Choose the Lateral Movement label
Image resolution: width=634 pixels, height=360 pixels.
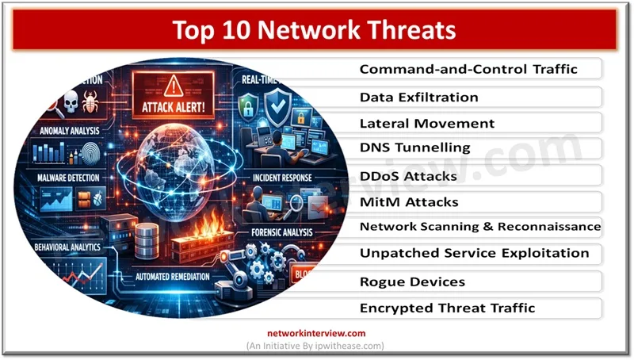426,123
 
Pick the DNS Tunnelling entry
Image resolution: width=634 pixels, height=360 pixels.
414,148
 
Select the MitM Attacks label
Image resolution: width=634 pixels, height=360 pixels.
410,201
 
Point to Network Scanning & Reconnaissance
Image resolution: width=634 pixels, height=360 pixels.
479,227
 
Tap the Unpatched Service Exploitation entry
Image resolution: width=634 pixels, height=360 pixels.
474,254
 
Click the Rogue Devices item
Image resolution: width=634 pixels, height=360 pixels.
412,281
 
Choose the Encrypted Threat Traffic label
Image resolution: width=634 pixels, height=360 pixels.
447,308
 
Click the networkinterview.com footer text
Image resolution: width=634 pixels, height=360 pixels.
318,333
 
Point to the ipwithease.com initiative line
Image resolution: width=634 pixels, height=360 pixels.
318,347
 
